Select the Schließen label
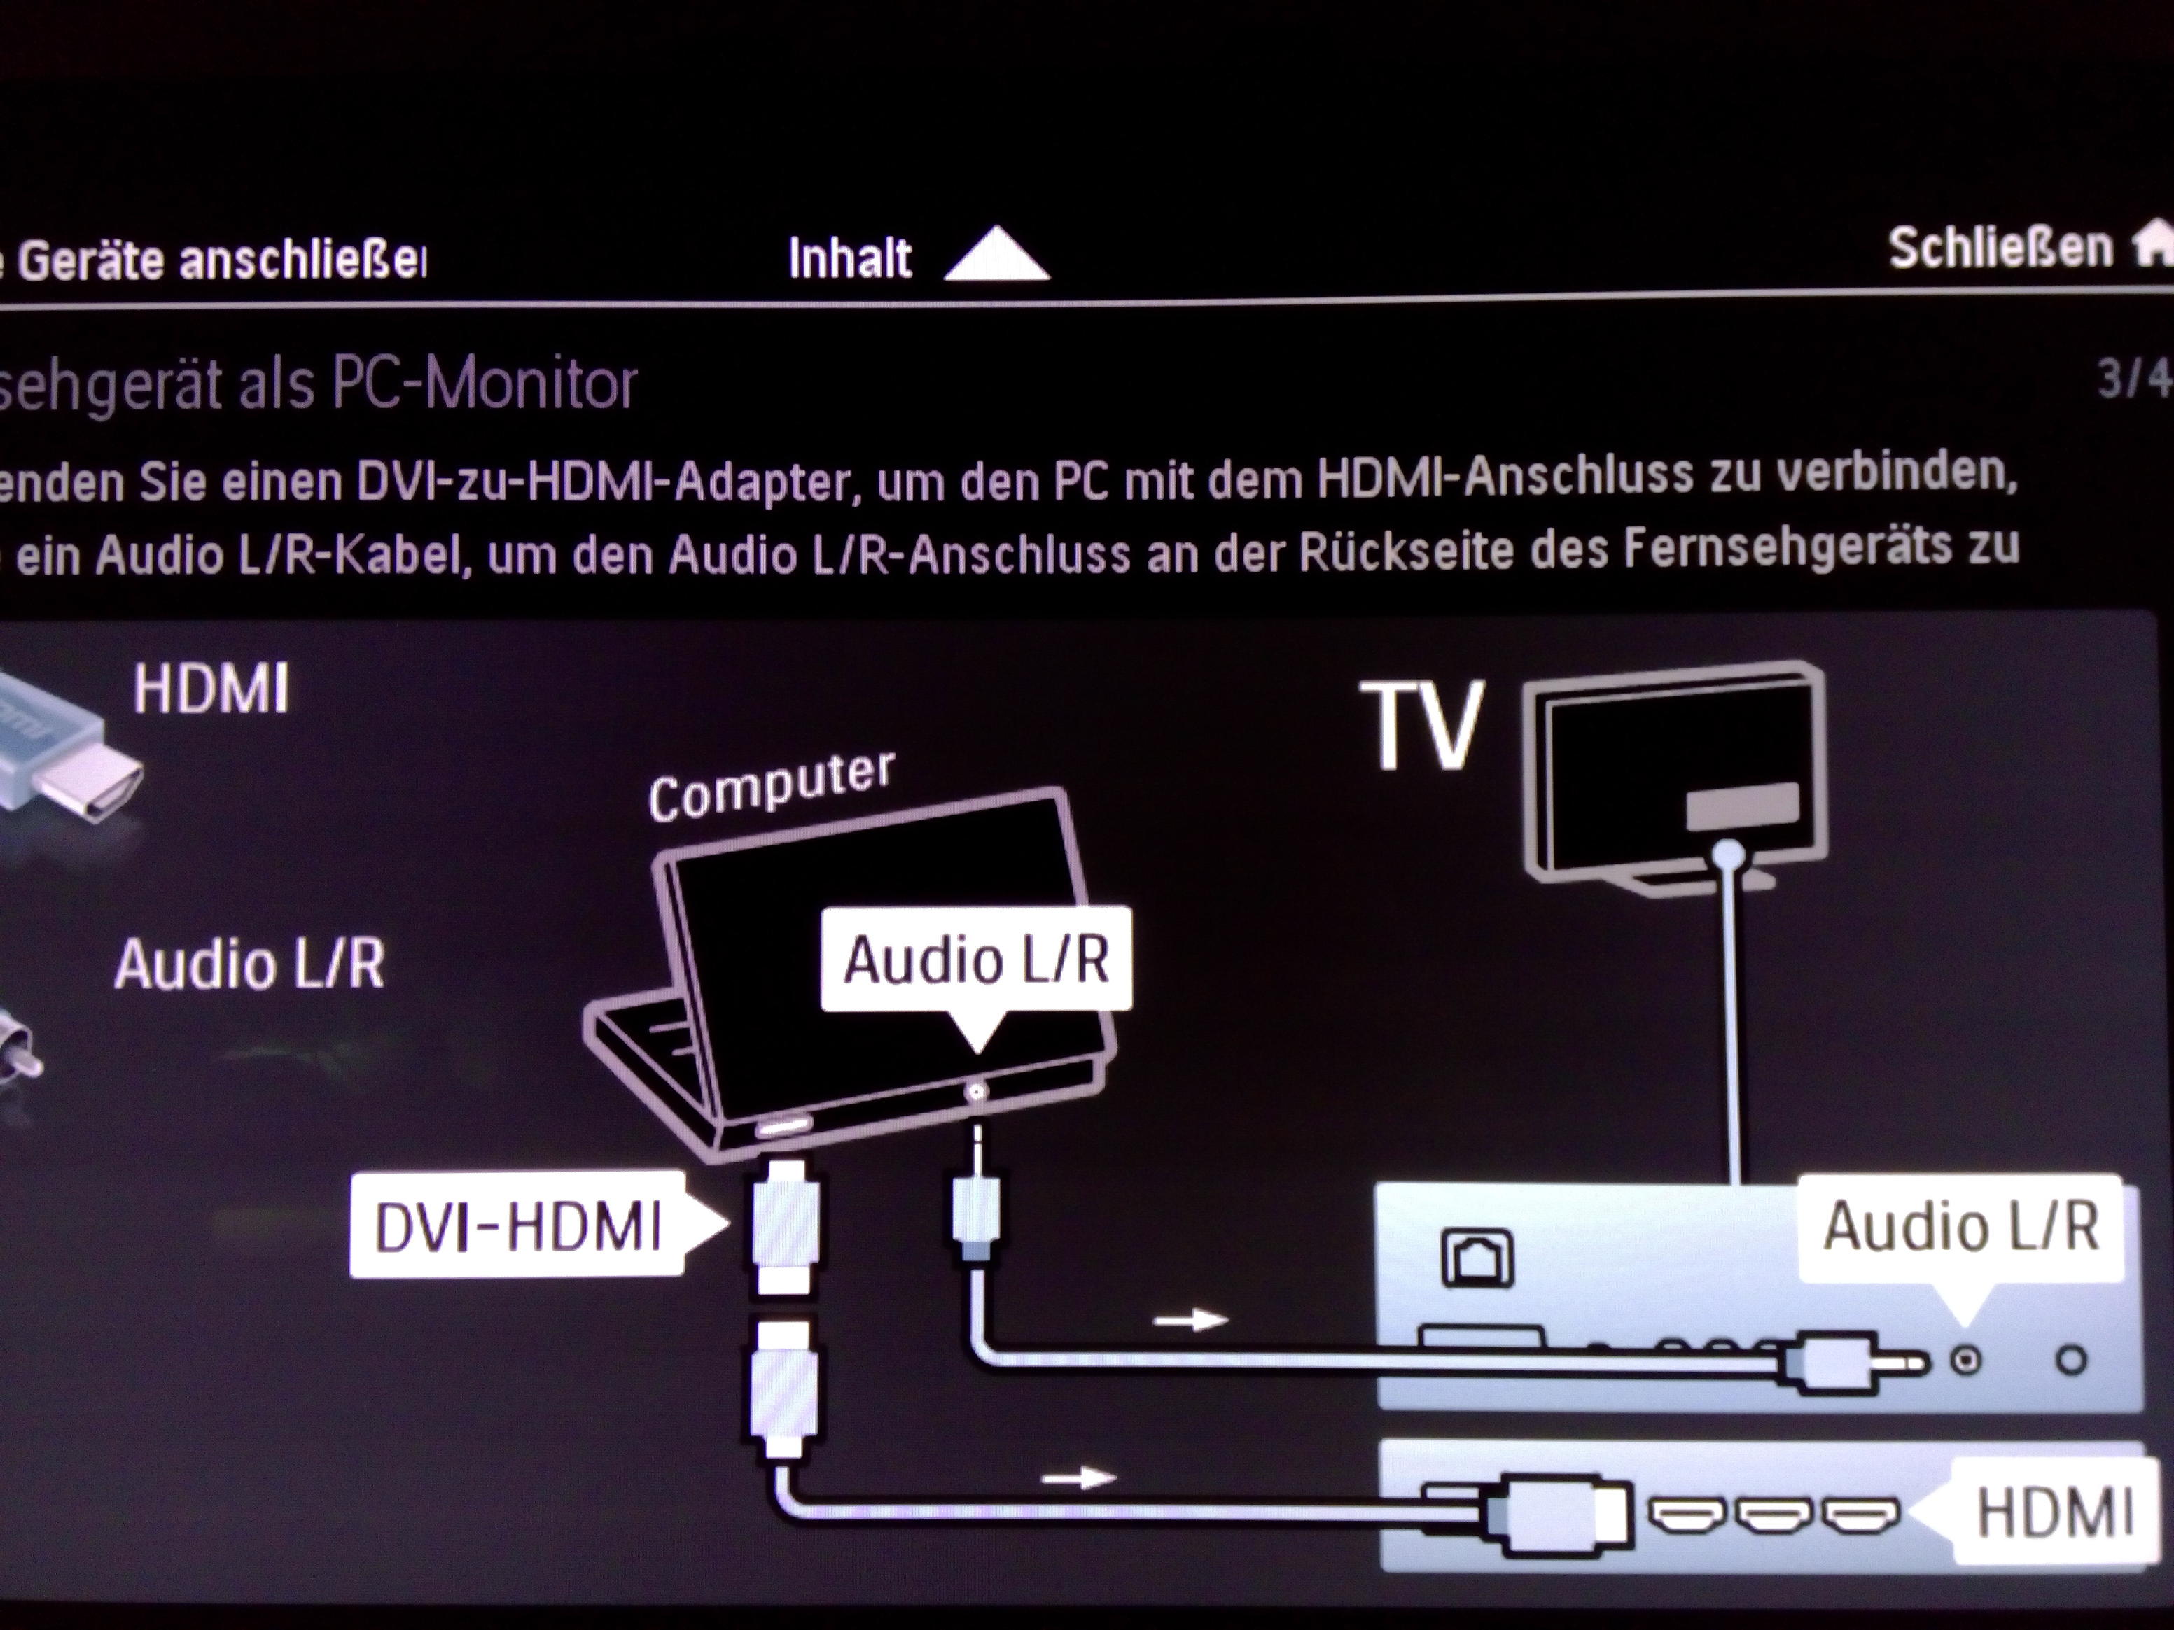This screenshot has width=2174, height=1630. pos(2000,248)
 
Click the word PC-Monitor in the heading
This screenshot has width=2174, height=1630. pos(485,384)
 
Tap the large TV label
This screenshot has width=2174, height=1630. pos(1421,727)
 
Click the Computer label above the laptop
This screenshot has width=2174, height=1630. pos(772,785)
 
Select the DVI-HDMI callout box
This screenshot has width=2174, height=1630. pos(519,1226)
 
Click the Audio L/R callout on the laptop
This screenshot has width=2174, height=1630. pos(976,959)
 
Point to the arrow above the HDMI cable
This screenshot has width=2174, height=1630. pos(1078,1477)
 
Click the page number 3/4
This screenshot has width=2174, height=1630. pos(2133,378)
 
